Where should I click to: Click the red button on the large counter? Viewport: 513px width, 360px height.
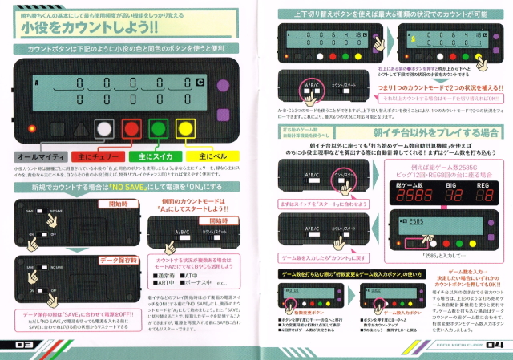[131, 128]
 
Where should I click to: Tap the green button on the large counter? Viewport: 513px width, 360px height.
[157, 128]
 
